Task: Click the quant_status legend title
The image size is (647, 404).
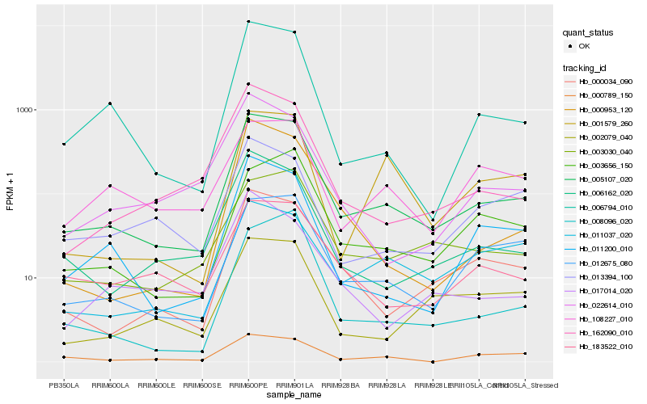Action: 588,33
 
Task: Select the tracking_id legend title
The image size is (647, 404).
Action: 586,67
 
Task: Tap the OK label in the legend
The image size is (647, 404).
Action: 585,46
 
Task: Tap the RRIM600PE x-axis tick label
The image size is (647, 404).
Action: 248,385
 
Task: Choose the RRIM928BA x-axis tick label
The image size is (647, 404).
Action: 340,385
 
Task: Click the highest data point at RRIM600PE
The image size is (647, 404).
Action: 248,22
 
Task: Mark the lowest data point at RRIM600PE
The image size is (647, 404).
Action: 248,334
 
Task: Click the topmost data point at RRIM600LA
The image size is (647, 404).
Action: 110,103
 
